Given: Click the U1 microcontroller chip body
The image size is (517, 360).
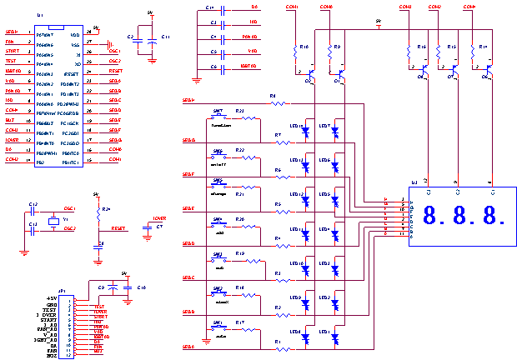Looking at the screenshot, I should (x=58, y=96).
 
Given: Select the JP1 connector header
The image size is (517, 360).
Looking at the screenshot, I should (x=69, y=327).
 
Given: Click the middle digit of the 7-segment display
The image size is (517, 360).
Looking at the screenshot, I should (x=458, y=217).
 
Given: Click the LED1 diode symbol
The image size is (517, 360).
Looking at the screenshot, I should (x=336, y=337).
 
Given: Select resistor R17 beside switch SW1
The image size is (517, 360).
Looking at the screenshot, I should (x=241, y=326).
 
